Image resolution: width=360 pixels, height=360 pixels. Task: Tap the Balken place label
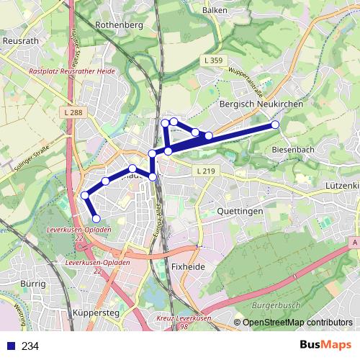tap(216, 11)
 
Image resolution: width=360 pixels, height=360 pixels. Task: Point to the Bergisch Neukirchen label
tap(260, 104)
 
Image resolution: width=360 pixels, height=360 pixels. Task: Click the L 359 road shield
tap(213, 62)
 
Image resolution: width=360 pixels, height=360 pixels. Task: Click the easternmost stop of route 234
tap(275, 125)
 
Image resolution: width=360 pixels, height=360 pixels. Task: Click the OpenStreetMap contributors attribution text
tap(297, 323)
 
